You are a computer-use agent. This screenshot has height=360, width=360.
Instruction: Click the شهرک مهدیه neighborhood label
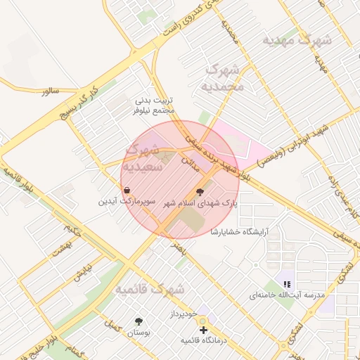click(297, 40)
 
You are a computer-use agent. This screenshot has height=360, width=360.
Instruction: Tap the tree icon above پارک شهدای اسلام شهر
click(200, 191)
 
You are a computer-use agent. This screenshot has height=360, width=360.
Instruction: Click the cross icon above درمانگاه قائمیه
click(203, 329)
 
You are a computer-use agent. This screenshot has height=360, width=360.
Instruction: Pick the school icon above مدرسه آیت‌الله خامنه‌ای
click(287, 284)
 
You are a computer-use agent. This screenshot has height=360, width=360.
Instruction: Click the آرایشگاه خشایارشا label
click(240, 231)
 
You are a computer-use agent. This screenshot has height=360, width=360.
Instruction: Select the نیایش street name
click(82, 274)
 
